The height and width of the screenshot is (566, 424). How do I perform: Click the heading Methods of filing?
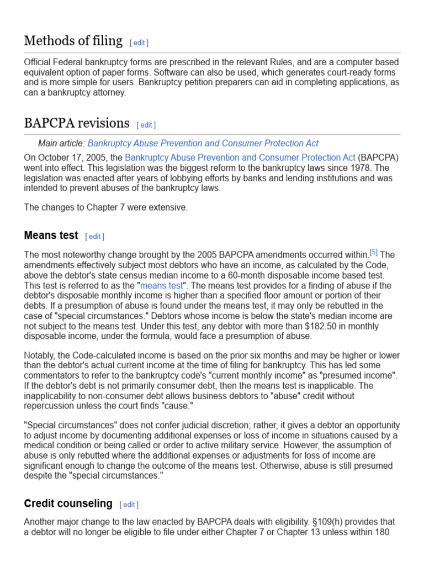click(x=73, y=41)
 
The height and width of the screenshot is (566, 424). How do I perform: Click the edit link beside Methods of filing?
click(x=139, y=43)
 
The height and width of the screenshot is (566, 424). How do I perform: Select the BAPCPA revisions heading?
click(x=77, y=123)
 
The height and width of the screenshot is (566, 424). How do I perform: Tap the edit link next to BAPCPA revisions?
click(x=146, y=125)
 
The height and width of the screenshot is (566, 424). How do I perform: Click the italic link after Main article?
click(x=203, y=143)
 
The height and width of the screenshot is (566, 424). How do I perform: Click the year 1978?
click(x=364, y=168)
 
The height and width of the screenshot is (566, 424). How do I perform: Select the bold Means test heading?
click(x=51, y=235)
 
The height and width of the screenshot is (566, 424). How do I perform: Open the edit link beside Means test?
click(x=95, y=237)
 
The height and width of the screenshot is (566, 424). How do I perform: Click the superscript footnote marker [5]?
click(x=374, y=252)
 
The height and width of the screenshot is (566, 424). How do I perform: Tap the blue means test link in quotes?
click(x=161, y=286)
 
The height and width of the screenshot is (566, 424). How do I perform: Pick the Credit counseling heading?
click(x=68, y=504)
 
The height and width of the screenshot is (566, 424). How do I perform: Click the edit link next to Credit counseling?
click(x=129, y=505)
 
